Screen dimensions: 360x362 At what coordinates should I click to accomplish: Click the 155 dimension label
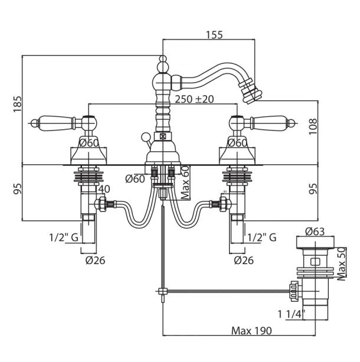point(214,35)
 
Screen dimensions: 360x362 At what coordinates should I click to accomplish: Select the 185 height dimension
point(18,104)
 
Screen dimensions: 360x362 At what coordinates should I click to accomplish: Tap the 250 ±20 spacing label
point(194,99)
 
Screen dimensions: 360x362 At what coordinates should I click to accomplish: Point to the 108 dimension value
point(313,127)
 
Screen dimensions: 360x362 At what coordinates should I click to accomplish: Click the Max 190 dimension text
point(251,331)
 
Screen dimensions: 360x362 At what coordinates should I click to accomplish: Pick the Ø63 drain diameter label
point(315,231)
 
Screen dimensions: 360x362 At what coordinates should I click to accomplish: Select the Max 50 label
point(341,263)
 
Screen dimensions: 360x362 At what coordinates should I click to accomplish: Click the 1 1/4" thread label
point(291,314)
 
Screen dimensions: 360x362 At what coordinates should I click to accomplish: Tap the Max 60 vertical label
point(185,182)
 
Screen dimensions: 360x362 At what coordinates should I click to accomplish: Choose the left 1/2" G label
point(64,237)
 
